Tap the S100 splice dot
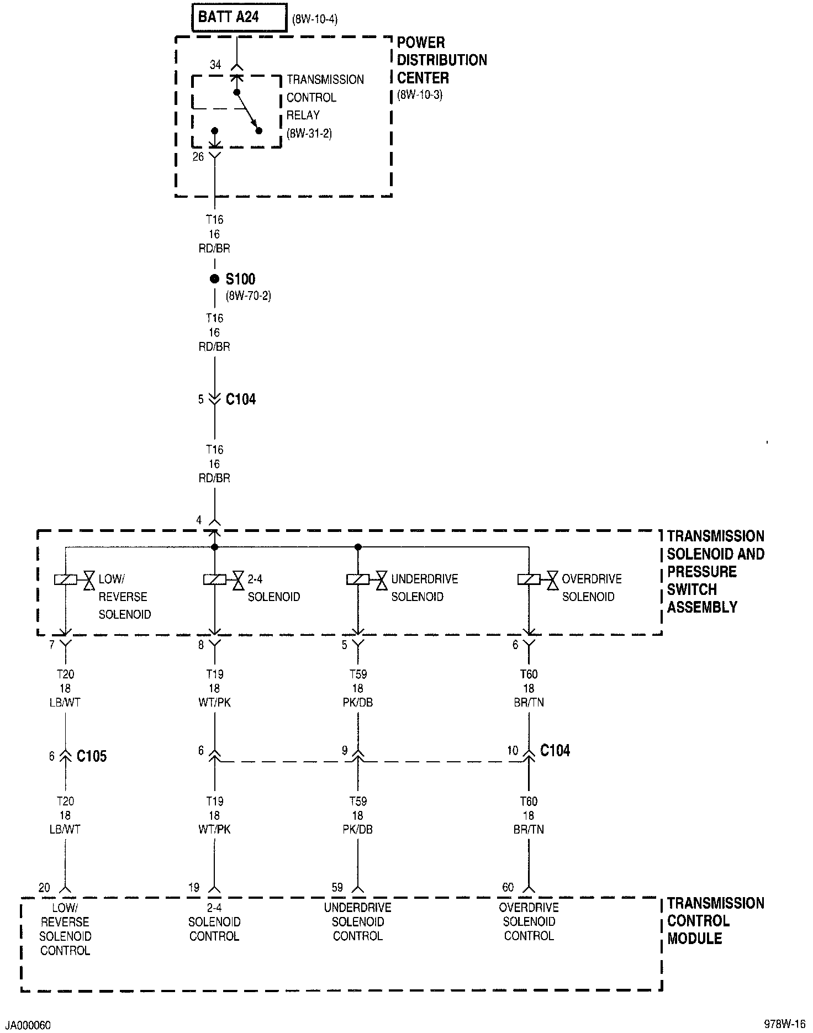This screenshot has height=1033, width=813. click(215, 279)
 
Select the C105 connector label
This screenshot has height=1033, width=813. click(91, 756)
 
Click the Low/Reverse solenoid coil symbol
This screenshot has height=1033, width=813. click(66, 579)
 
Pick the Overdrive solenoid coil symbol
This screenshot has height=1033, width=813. click(529, 579)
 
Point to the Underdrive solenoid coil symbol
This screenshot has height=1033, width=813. click(358, 579)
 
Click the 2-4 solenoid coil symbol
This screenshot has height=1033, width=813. click(215, 579)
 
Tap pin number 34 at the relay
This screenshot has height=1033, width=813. click(215, 65)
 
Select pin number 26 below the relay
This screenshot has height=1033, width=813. click(198, 157)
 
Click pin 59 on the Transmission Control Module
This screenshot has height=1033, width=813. click(337, 888)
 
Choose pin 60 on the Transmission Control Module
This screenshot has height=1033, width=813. click(508, 888)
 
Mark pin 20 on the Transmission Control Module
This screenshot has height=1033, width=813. click(44, 888)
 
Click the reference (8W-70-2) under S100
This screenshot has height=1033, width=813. click(248, 296)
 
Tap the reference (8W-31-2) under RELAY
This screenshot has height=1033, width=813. click(309, 133)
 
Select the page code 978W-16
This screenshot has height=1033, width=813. click(785, 1023)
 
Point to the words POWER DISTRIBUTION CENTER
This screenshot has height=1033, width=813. click(441, 60)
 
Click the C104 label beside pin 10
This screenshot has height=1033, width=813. click(555, 750)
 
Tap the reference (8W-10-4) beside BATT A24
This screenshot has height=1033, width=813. click(314, 20)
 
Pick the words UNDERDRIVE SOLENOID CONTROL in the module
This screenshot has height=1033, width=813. click(358, 922)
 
